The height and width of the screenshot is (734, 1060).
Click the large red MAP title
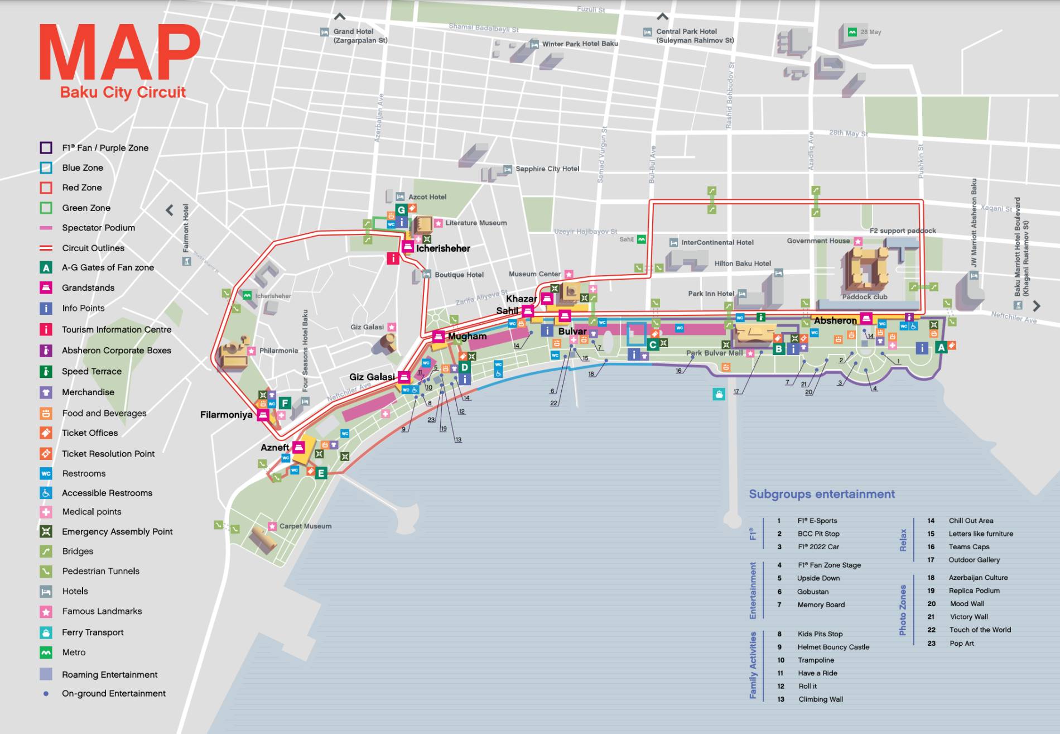coord(119,53)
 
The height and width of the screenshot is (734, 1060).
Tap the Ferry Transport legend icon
coord(46,632)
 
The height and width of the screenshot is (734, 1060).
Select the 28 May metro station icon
coord(852,32)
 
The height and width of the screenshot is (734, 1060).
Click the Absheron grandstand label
coord(835,320)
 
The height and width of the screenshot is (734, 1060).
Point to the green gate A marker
coord(941,347)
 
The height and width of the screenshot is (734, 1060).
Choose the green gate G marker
coord(401,210)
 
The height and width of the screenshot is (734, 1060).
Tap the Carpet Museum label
coord(305,526)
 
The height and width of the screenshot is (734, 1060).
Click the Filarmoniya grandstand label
coord(226,415)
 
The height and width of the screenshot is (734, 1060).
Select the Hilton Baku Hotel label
coord(742,263)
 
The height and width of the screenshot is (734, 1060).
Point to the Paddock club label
coord(864,296)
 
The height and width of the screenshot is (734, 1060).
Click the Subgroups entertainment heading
coord(821,494)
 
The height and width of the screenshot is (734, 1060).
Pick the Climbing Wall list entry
coord(820,699)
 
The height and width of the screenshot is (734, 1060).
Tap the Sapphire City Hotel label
coord(547,169)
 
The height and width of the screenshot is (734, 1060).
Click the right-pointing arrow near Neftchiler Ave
coord(1036,306)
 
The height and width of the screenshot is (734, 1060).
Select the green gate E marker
coord(321,473)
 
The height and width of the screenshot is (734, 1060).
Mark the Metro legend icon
coord(46,653)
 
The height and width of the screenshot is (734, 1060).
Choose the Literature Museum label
coord(475,223)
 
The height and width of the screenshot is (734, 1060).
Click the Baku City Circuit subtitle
coord(123,92)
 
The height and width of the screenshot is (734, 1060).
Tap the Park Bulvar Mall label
coord(714,353)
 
